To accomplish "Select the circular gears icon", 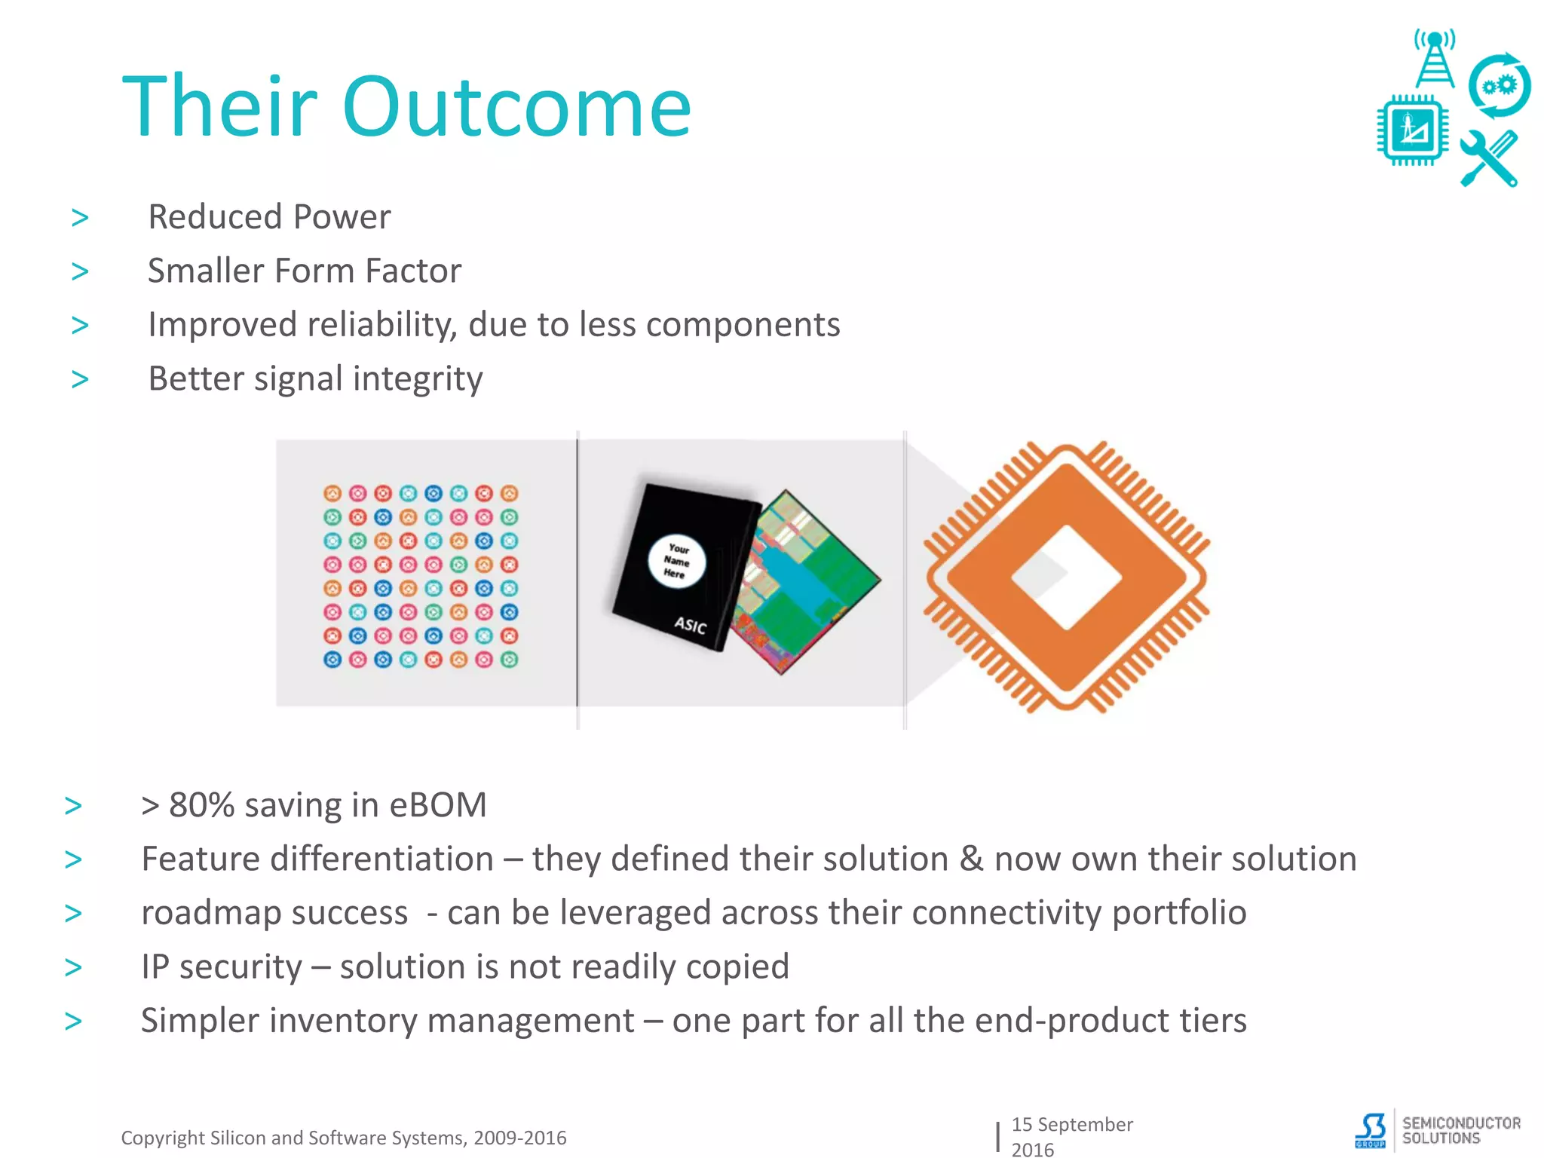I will pos(1499,86).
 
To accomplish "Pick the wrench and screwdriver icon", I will pos(1488,159).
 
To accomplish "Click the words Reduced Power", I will pos(269,217).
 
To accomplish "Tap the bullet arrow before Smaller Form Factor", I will pos(80,271).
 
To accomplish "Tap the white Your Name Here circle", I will pos(676,562).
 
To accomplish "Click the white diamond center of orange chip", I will pos(1066,577).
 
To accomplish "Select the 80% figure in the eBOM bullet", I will pos(202,805).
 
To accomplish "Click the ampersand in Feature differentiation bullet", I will pos(971,859).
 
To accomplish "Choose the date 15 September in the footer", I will pos(1071,1124).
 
